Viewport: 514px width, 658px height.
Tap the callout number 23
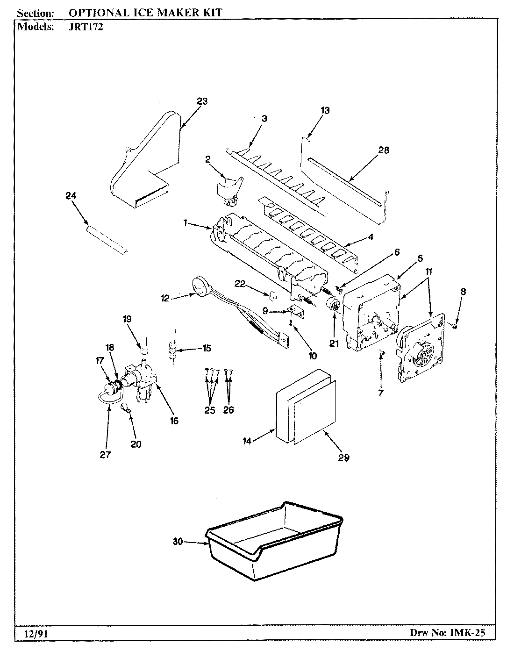click(x=202, y=101)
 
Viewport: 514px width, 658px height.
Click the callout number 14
click(x=247, y=441)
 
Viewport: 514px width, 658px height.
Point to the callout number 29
click(x=343, y=458)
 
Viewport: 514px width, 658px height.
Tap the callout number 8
click(x=463, y=292)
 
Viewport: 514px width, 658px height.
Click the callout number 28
click(x=384, y=150)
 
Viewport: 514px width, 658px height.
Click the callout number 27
click(x=105, y=454)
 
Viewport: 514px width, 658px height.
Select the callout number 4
click(x=371, y=236)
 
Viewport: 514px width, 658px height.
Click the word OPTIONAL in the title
click(x=95, y=12)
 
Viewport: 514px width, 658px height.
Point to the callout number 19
click(x=127, y=319)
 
